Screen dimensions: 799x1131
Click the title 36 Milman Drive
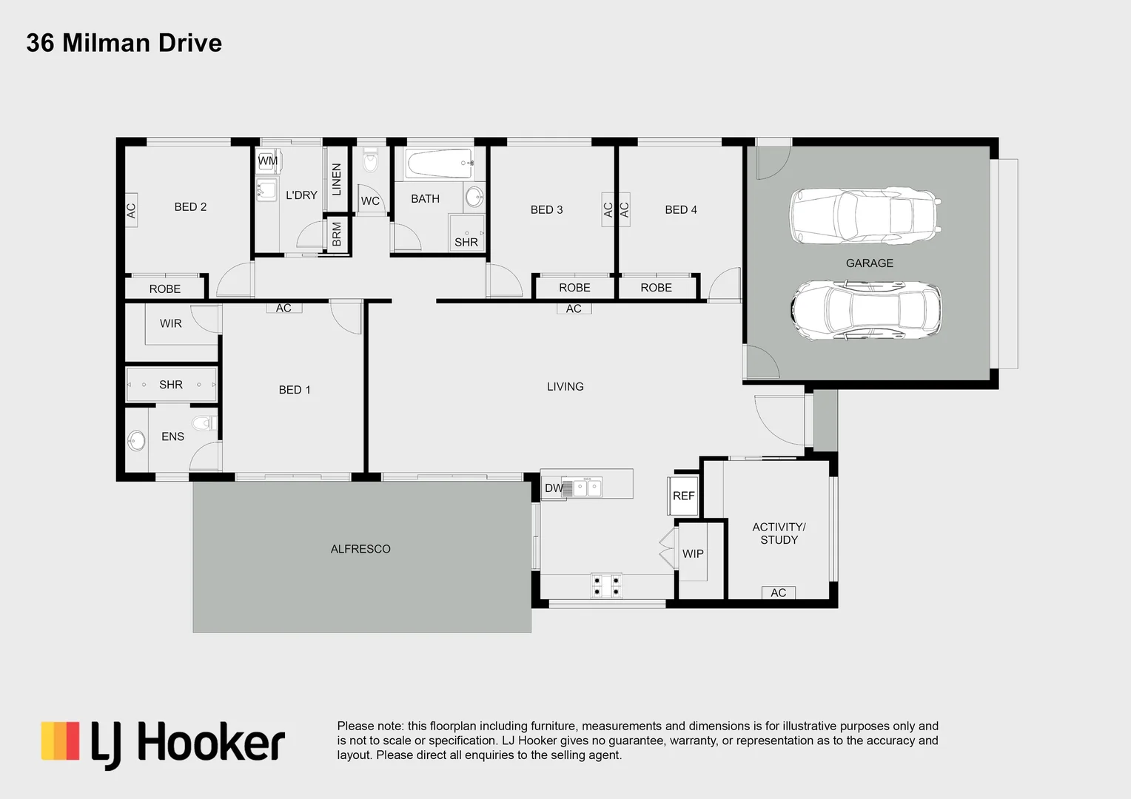[124, 43]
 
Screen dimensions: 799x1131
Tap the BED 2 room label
[190, 207]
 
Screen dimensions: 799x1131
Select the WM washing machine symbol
[267, 161]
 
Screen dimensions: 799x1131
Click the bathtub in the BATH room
[439, 163]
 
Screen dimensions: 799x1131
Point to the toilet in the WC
[370, 160]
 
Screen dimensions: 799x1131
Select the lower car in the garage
[865, 310]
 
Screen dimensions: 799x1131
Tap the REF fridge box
[684, 496]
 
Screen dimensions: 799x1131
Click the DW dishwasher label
[553, 488]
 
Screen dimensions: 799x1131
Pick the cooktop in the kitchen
[606, 586]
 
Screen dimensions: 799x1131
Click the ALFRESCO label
[360, 549]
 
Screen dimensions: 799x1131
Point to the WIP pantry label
[693, 554]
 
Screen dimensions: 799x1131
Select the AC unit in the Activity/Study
[778, 593]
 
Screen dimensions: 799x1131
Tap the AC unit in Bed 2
[131, 211]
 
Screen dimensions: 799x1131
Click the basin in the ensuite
[136, 442]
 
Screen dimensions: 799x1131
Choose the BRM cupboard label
[337, 235]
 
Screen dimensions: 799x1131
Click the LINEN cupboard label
[337, 180]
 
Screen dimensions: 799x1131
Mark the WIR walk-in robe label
[170, 323]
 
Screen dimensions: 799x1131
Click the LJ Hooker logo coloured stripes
[60, 741]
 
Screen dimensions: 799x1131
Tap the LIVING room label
[565, 387]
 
